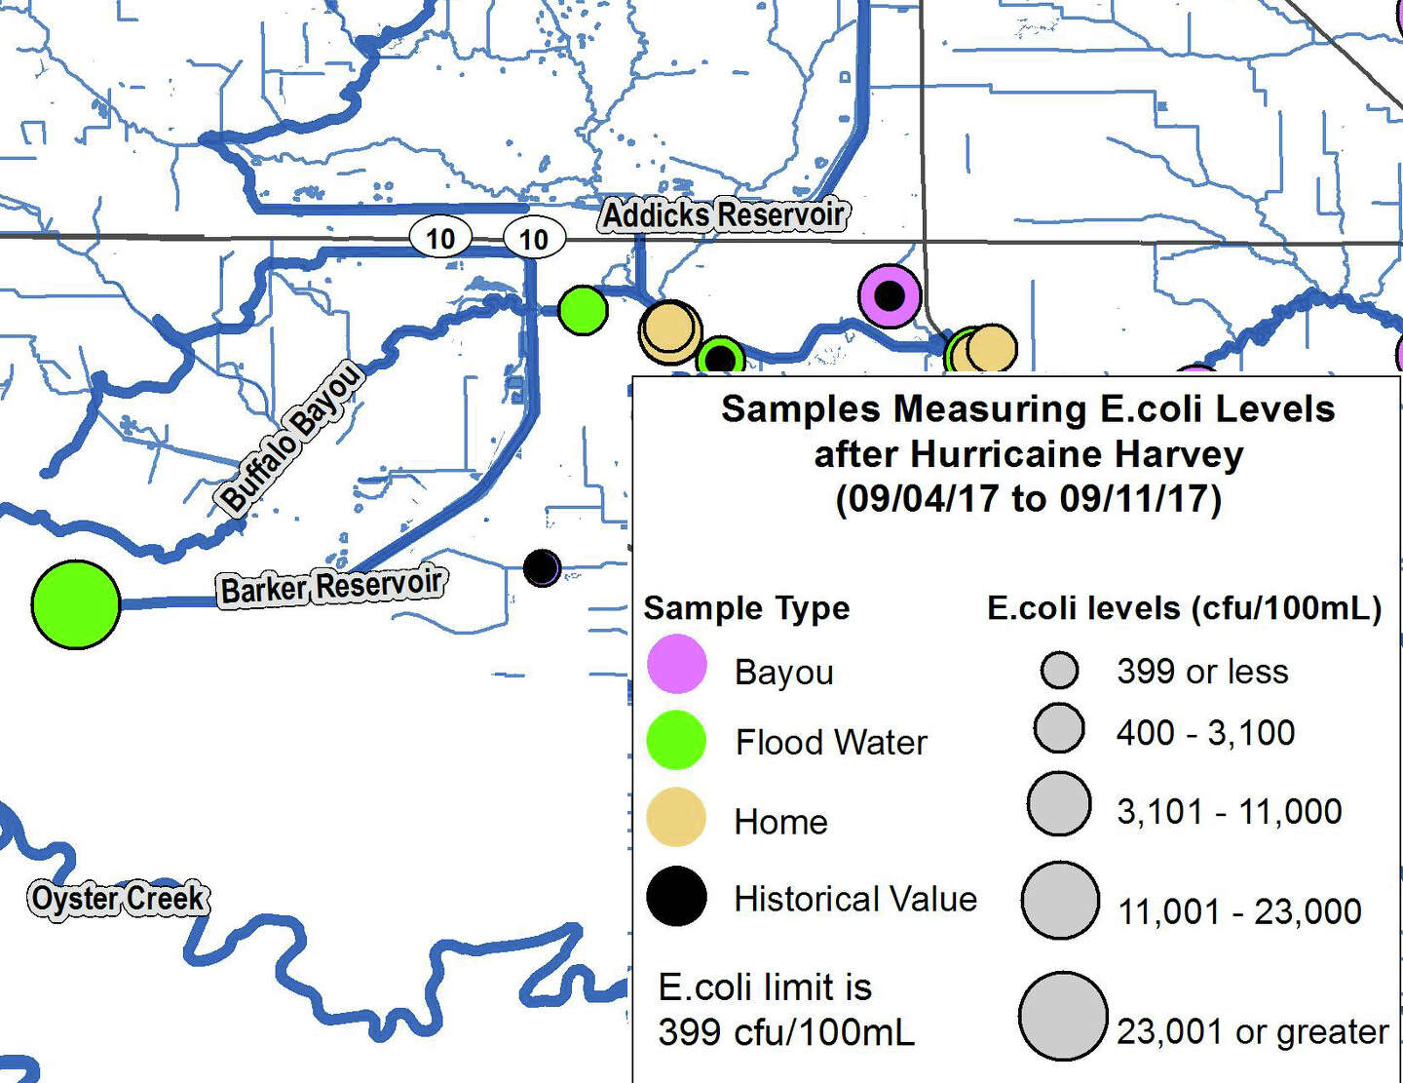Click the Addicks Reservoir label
(x=722, y=214)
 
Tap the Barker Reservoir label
(x=332, y=587)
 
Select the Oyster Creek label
(x=118, y=899)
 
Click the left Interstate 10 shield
(x=439, y=238)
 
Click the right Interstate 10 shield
(x=533, y=239)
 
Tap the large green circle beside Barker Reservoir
(x=76, y=604)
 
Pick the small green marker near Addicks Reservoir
(x=583, y=310)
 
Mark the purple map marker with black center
(x=890, y=294)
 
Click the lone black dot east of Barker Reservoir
(x=542, y=567)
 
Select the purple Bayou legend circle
(x=676, y=664)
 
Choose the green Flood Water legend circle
(x=676, y=740)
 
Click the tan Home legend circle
(x=676, y=817)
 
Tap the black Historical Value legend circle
(x=676, y=896)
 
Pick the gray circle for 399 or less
(x=1059, y=670)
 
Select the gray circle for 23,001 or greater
(x=1063, y=1016)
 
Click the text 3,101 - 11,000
(x=1229, y=811)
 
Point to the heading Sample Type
(x=746, y=608)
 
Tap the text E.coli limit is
(x=765, y=987)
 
